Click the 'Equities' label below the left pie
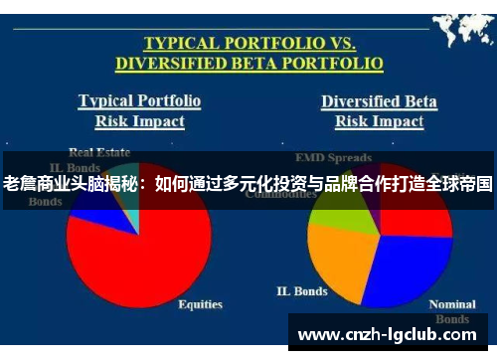200,304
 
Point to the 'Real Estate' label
99,152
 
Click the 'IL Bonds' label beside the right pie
302,291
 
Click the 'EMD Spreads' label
335,157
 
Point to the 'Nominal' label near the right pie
452,304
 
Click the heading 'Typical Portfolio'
139,100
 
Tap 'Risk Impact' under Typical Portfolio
139,121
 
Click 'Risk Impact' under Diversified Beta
378,121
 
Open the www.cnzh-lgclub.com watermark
396,334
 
